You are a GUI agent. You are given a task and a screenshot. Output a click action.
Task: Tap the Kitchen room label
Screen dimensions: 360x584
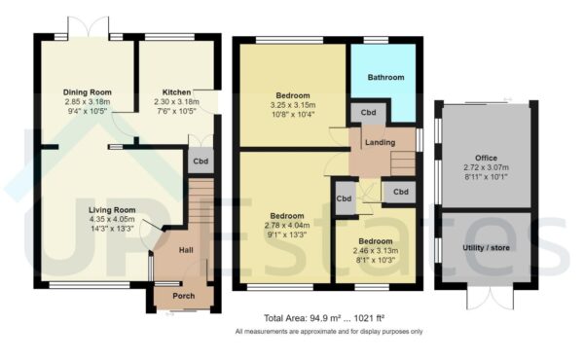coord(175,91)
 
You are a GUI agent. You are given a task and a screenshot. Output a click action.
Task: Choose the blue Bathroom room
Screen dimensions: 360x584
coord(384,77)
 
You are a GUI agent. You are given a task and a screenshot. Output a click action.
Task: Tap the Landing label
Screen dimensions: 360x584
coord(380,143)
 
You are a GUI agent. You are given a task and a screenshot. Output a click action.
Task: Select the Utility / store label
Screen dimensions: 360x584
coord(486,248)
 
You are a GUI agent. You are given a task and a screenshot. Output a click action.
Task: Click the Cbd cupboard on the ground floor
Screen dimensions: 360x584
coord(200,162)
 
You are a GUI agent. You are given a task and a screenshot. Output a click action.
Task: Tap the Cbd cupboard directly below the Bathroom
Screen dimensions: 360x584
coord(369,112)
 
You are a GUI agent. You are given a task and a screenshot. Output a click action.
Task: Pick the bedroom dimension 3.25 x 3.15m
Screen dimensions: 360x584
coord(293,105)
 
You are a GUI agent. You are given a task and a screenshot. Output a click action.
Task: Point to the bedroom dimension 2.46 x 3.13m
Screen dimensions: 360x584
coord(375,250)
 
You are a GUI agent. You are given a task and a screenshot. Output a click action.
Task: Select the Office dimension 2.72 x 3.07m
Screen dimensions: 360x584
coord(486,167)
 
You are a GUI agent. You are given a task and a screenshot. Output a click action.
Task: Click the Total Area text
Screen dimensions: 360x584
coord(328,318)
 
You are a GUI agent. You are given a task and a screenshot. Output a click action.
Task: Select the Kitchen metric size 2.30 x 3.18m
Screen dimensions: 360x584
coord(175,101)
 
